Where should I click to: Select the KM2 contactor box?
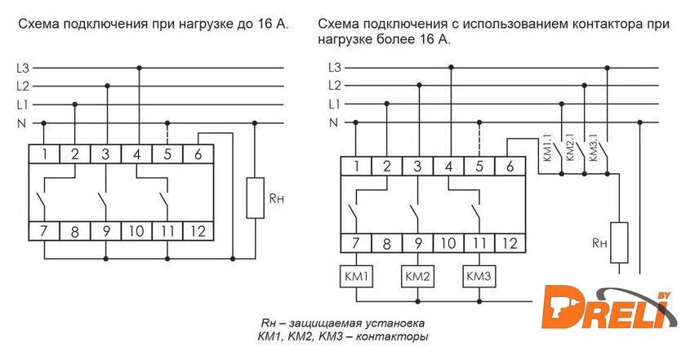point(416,277)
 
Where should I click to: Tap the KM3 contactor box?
point(478,277)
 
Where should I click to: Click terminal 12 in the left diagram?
point(197,231)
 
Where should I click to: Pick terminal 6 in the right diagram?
point(510,167)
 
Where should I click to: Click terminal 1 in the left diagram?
point(44,153)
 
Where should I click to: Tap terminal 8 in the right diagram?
point(386,243)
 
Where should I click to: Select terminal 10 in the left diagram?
point(136,231)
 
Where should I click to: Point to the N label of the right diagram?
point(333,122)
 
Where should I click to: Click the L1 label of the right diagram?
point(333,104)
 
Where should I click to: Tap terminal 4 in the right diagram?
point(448,167)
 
